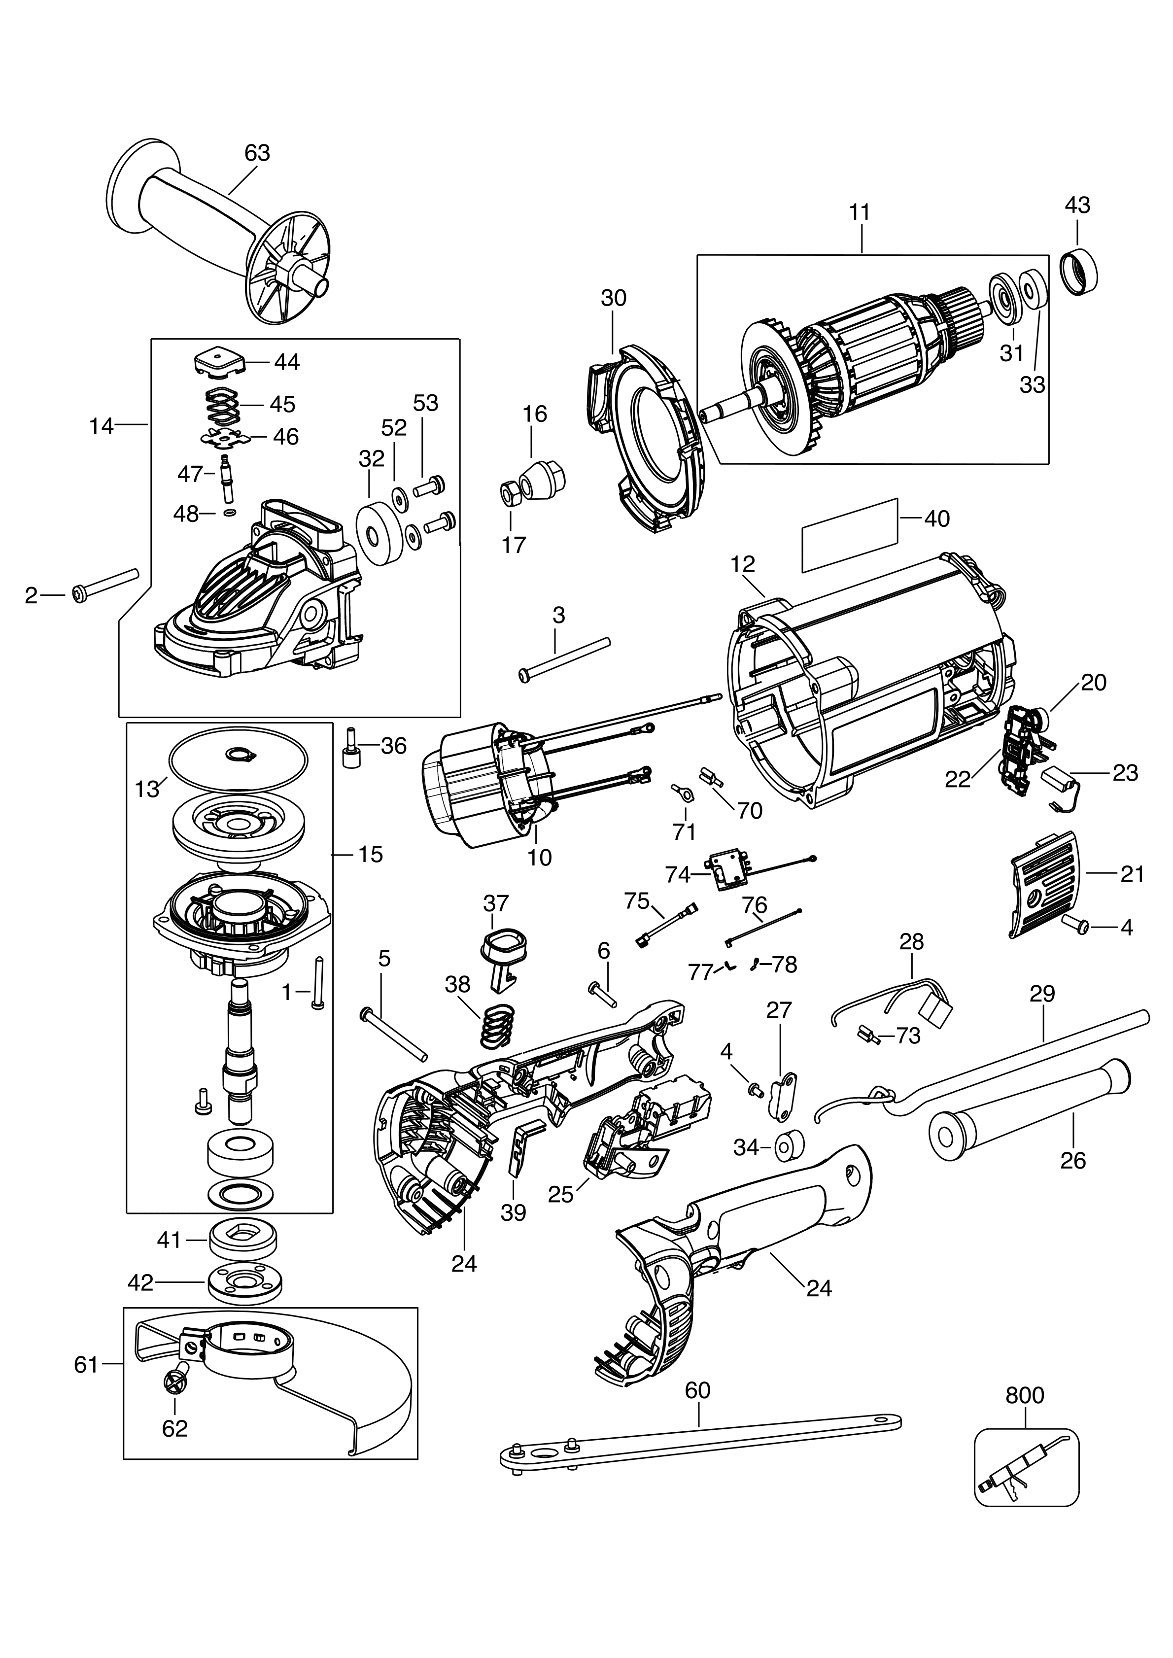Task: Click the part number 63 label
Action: point(257,153)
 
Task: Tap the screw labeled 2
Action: point(105,584)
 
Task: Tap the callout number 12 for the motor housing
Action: point(743,564)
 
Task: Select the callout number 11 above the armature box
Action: point(860,212)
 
